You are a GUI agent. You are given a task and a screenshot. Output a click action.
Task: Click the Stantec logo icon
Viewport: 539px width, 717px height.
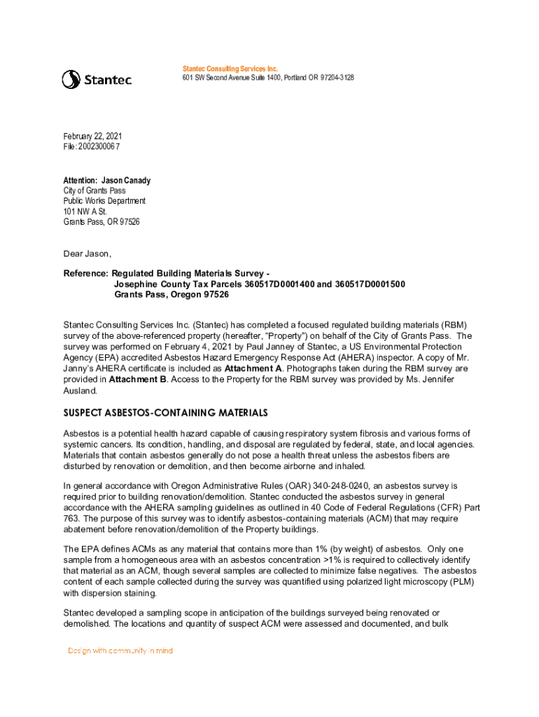pyautogui.click(x=71, y=79)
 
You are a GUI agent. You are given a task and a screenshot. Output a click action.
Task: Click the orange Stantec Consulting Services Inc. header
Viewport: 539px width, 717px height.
pyautogui.click(x=230, y=69)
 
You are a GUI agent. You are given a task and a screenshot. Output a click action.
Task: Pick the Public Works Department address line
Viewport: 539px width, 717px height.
pyautogui.click(x=104, y=201)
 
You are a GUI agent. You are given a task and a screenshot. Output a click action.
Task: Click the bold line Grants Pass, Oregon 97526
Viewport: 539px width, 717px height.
pyautogui.click(x=171, y=295)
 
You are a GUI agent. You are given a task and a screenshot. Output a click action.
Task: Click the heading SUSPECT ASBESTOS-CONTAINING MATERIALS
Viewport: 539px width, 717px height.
pyautogui.click(x=166, y=413)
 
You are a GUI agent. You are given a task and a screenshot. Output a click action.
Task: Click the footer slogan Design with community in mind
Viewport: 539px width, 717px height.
pyautogui.click(x=120, y=650)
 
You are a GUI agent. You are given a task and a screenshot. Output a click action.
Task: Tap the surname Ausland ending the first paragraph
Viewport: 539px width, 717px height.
pyautogui.click(x=81, y=389)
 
